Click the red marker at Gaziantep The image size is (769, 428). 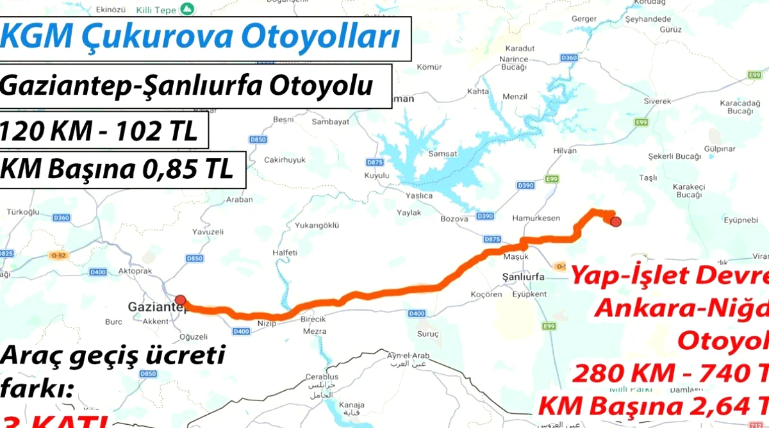(x=181, y=299)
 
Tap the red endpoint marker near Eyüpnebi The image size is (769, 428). (x=616, y=222)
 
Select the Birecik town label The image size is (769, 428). (x=313, y=319)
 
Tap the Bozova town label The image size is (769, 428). (x=454, y=218)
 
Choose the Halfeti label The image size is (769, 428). (x=285, y=252)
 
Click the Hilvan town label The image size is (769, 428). (x=564, y=151)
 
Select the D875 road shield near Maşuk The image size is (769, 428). (x=492, y=239)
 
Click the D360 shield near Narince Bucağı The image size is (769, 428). (x=568, y=58)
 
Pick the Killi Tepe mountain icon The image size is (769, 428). (x=186, y=9)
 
